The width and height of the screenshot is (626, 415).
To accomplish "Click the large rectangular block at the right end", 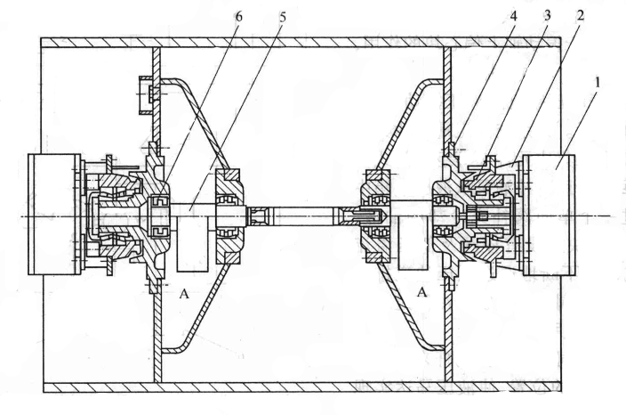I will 550,214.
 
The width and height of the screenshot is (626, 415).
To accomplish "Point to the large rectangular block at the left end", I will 54,214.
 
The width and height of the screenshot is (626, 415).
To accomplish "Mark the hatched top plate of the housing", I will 302,42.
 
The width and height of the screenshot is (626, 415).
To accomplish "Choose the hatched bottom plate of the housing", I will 302,387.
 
